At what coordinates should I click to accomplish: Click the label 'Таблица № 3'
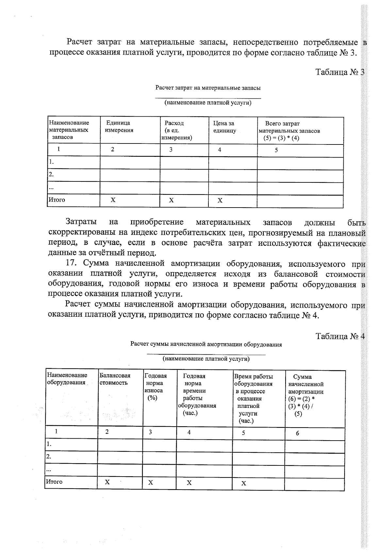point(339,72)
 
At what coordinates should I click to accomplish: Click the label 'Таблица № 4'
point(340,336)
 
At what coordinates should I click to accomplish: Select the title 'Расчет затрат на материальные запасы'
point(208,88)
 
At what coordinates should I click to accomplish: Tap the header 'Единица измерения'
point(119,126)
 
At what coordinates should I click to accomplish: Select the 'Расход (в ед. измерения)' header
point(177,130)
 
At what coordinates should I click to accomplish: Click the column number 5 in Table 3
point(276,150)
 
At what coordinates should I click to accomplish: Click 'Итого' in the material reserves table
point(57,200)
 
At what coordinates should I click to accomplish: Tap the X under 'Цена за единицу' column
point(220,200)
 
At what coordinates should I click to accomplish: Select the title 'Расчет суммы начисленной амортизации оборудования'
point(206,344)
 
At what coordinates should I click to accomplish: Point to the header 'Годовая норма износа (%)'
point(155,387)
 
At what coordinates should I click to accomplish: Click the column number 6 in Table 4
point(297,433)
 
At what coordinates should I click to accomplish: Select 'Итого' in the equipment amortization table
point(54,481)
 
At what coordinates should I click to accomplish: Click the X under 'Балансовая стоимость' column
point(107,482)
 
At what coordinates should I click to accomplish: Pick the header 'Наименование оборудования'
point(67,379)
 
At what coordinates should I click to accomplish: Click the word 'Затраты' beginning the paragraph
point(81,222)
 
